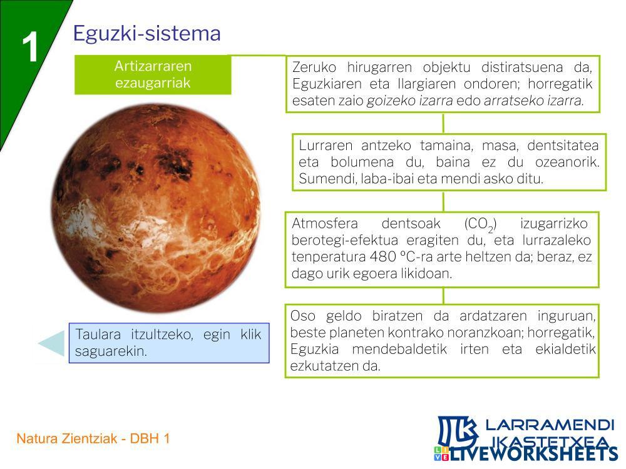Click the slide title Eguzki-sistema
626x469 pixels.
pos(146,34)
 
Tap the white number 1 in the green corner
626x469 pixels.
pos(30,47)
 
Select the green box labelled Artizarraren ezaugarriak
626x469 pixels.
pos(153,74)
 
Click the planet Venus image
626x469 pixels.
pos(156,208)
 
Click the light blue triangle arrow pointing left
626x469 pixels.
pos(52,343)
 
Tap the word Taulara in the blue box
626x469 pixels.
pos(98,334)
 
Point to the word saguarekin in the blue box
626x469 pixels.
pos(111,351)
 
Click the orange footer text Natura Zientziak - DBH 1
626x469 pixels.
pos(93,439)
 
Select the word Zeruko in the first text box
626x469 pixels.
pos(314,67)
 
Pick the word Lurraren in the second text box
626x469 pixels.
pos(326,146)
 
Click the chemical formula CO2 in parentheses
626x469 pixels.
pos(480,224)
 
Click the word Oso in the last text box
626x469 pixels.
pos(302,316)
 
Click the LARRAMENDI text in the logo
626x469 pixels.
pos(550,425)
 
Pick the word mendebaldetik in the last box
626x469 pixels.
pos(399,350)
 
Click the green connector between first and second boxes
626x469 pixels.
pos(443,123)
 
